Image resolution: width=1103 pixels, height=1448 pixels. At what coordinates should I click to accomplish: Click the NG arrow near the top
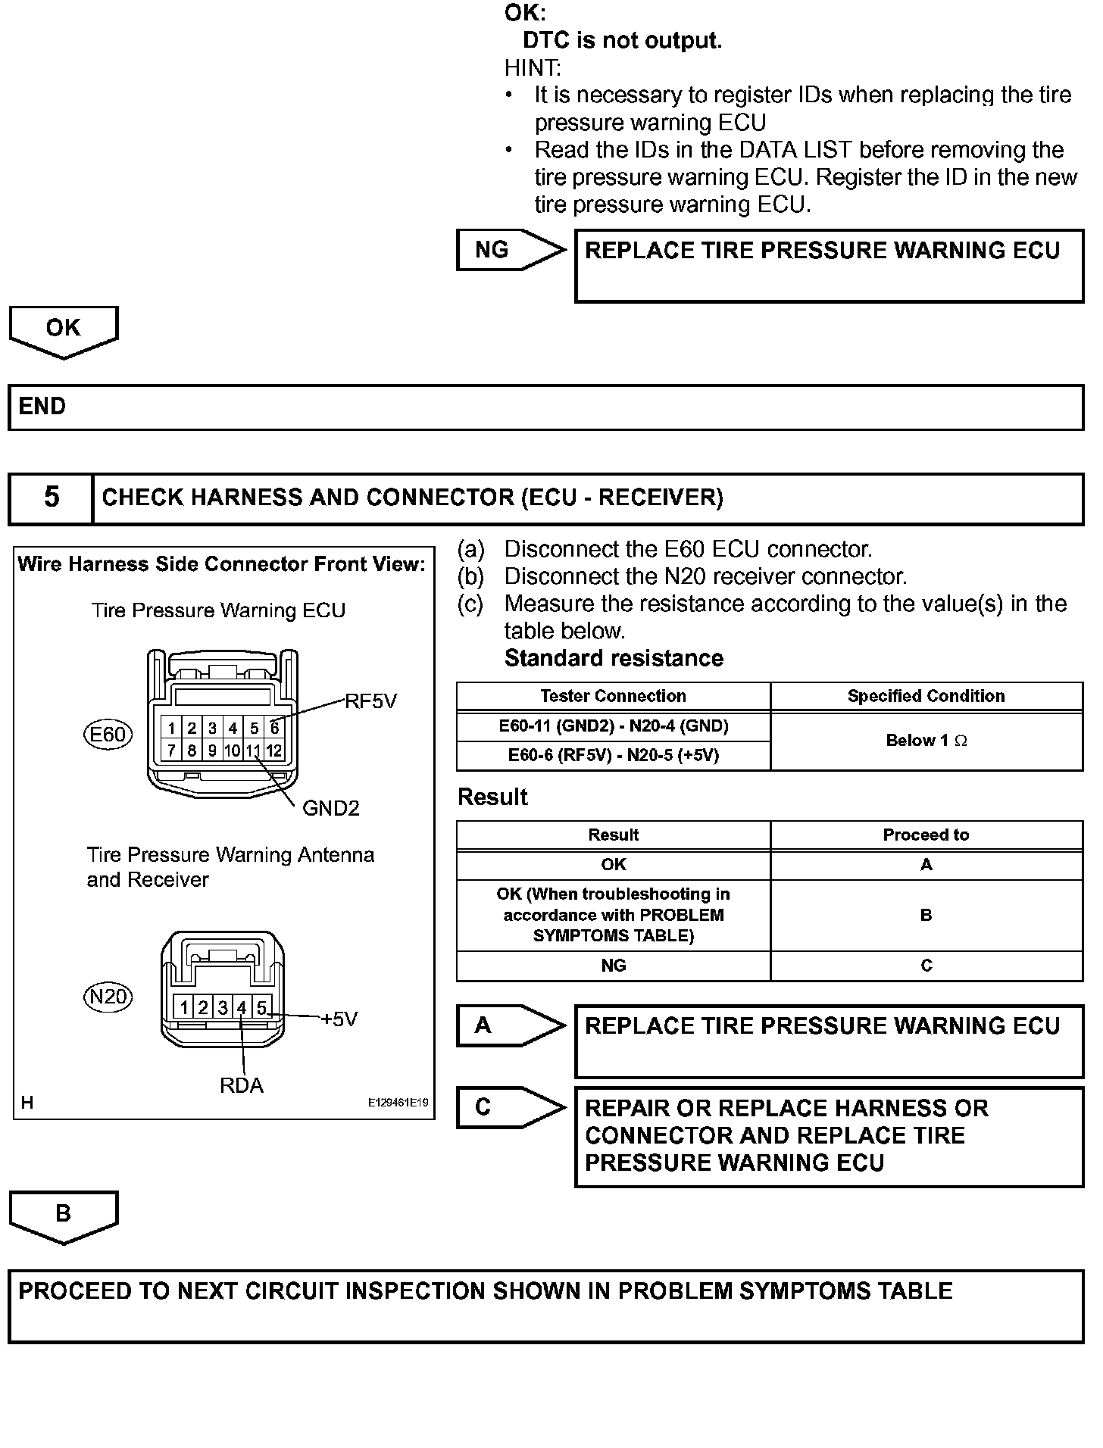click(510, 250)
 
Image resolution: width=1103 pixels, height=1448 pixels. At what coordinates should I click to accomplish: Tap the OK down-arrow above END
click(64, 330)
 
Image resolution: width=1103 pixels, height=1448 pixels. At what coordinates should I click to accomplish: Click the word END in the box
click(42, 407)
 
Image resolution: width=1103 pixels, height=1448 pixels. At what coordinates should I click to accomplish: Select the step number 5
click(52, 498)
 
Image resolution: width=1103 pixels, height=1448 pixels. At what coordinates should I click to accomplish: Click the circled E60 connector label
click(108, 735)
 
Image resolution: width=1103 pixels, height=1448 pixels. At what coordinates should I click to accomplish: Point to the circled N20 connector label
click(108, 997)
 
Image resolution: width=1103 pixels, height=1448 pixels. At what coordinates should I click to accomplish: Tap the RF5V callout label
click(370, 701)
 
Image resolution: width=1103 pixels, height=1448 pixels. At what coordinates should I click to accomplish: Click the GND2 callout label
click(330, 809)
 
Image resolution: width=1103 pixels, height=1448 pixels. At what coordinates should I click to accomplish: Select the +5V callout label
click(339, 1019)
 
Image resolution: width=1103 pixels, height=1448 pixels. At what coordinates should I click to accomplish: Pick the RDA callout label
click(242, 1086)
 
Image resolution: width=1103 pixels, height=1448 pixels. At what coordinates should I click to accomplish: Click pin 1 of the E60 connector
click(172, 729)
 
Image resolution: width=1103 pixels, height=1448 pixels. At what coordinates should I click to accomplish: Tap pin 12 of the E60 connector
click(274, 751)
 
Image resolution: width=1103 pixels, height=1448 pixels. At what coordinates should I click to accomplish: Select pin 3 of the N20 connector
click(223, 1008)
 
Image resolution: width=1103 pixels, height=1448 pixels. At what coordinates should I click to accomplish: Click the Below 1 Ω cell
click(926, 741)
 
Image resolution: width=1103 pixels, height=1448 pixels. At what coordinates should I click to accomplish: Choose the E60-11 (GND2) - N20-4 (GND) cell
click(614, 726)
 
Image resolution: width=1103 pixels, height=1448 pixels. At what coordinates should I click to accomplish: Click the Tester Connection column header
click(614, 696)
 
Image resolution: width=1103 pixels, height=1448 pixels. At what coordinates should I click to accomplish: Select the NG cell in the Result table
click(614, 966)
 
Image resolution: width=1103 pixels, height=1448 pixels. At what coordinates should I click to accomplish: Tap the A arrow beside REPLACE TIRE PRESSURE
click(510, 1025)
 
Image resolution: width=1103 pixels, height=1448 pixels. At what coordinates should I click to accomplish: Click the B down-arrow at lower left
click(64, 1214)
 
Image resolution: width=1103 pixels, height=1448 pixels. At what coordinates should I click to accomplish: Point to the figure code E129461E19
click(398, 1103)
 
